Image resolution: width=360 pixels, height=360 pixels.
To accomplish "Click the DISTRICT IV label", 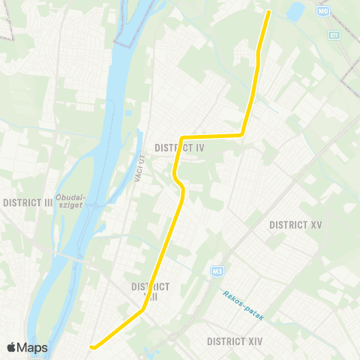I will pyautogui.click(x=179, y=148).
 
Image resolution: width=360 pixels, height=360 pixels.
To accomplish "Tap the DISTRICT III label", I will pyautogui.click(x=28, y=202).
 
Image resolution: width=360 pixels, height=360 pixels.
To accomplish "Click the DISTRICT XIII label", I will pyautogui.click(x=150, y=291).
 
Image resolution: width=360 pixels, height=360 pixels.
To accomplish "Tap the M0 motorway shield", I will pyautogui.click(x=324, y=10).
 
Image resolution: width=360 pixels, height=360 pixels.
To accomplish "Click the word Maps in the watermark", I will pyautogui.click(x=33, y=347).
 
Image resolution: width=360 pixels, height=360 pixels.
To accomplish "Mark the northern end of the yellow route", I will pyautogui.click(x=268, y=11).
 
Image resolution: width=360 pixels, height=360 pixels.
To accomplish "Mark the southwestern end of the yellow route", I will pyautogui.click(x=92, y=346).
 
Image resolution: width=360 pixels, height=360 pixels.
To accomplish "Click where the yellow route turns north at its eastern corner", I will pyautogui.click(x=241, y=135).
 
